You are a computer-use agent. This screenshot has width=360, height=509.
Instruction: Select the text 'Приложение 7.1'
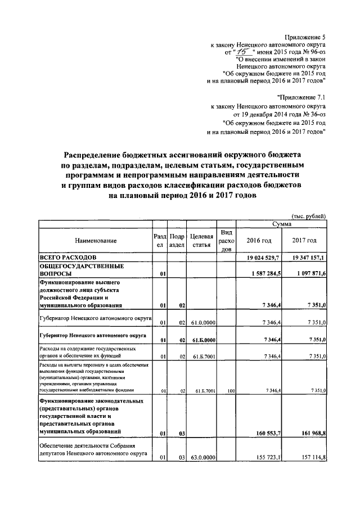coord(301,97)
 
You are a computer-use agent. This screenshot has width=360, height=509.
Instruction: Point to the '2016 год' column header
coord(259,241)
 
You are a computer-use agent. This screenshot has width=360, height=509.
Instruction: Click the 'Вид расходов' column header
coord(227,241)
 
